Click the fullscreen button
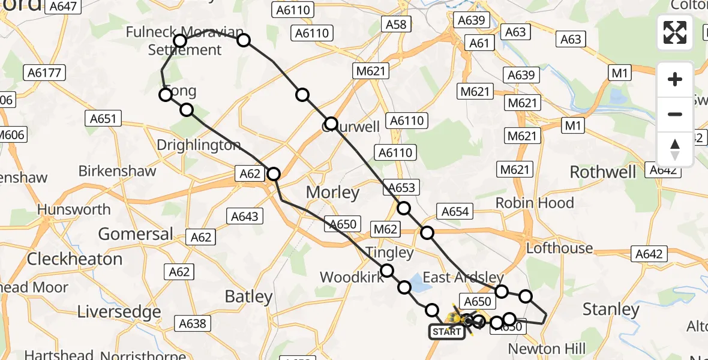pos(675,32)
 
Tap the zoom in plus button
pos(675,79)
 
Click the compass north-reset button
pos(675,149)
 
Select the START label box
pos(446,332)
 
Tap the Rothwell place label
pos(602,172)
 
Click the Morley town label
pos(332,193)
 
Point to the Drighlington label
pos(199,145)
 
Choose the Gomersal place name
pos(136,233)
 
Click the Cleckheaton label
pos(74,259)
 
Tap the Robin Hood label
pos(535,203)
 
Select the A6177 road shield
pos(46,73)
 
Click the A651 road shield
pos(103,118)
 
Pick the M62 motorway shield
pos(385,229)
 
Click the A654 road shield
pos(455,211)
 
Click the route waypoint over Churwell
pos(331,125)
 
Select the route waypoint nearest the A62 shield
pos(274,174)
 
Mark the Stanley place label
pos(611,310)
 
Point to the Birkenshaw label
pos(117,171)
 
